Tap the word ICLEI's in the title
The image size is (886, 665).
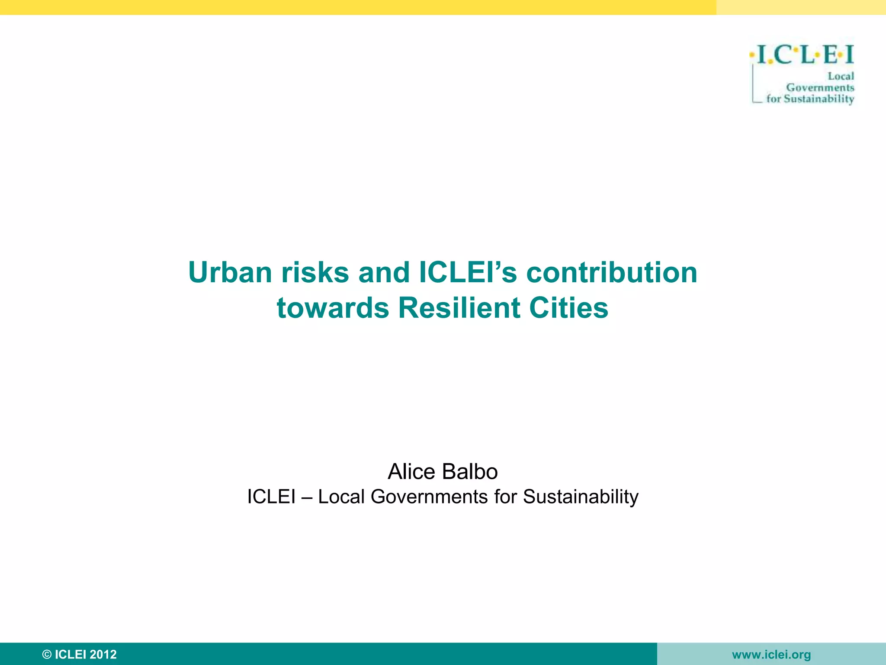[x=468, y=273]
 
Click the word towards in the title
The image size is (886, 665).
[x=333, y=308]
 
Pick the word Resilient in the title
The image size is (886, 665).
[x=459, y=308]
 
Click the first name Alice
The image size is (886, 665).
[x=411, y=471]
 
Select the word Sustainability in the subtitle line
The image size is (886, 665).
[x=581, y=497]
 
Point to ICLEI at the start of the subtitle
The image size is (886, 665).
[x=271, y=497]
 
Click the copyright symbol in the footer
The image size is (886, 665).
[x=47, y=654]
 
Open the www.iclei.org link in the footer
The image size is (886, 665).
[x=771, y=655]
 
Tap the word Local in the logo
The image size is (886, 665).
[x=841, y=76]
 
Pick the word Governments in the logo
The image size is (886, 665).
[x=820, y=87]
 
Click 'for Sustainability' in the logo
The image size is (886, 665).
[x=810, y=99]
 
